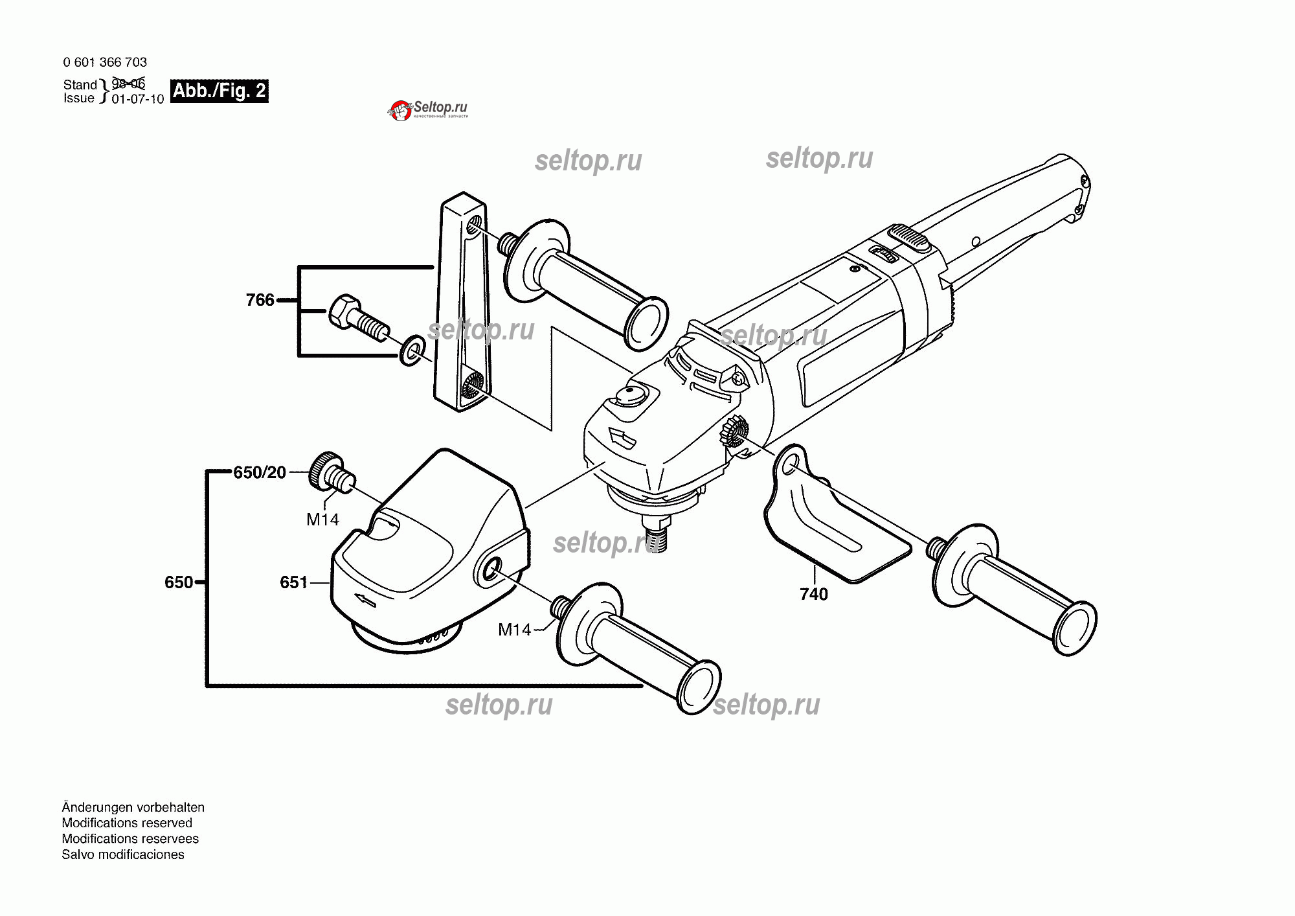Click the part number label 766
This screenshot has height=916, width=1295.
tap(260, 300)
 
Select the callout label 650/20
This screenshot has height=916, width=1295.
tap(260, 472)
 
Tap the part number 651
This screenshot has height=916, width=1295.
tap(293, 582)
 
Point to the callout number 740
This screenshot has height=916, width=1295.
tap(814, 594)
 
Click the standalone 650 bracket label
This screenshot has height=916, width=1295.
tap(179, 582)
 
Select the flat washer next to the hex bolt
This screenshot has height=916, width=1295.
tap(412, 350)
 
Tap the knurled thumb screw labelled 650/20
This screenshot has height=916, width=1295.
tap(332, 473)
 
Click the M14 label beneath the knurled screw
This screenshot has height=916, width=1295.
tap(322, 520)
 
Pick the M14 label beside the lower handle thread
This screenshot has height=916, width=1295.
tap(514, 630)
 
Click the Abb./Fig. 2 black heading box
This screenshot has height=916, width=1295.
tap(220, 91)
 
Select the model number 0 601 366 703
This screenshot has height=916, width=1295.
tap(105, 62)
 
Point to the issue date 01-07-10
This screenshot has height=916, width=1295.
tap(138, 99)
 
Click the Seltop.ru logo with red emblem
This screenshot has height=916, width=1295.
tap(428, 110)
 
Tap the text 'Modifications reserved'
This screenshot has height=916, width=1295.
tap(127, 823)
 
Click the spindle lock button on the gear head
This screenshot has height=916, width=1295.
tap(631, 395)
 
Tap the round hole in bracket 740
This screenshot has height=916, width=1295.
tap(791, 466)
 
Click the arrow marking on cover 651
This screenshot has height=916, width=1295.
tap(365, 601)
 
